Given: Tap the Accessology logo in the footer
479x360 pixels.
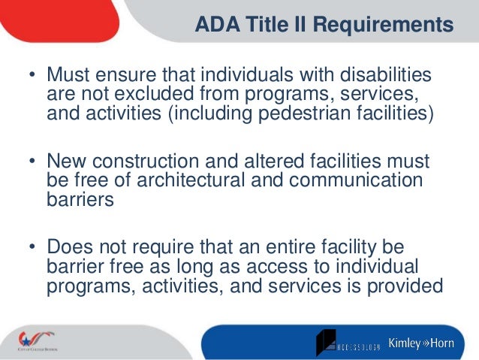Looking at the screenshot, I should coord(349,342).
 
